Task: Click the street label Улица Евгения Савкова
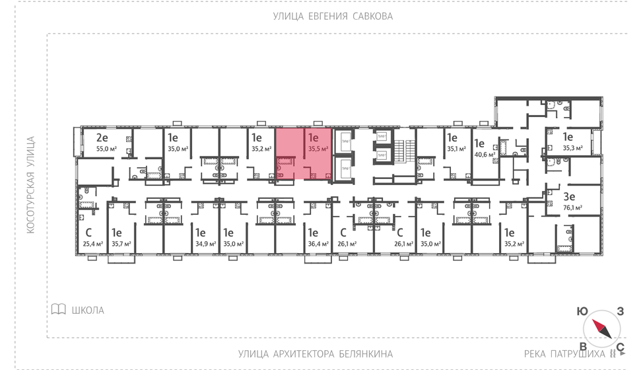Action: coord(333,17)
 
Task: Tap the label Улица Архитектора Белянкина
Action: coord(316,353)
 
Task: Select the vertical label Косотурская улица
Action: coord(30,185)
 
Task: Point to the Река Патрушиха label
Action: coord(564,353)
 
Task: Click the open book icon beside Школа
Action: coord(59,309)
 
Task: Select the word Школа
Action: coord(88,310)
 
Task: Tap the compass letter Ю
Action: coord(582,311)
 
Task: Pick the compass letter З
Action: coord(621,311)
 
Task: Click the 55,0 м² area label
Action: coord(107,149)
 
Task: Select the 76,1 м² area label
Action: coord(573,207)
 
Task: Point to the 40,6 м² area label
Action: coord(485,154)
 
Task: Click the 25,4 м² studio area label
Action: coord(92,244)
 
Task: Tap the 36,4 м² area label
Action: coord(319,244)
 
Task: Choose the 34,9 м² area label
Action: coord(206,244)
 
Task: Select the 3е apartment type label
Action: coord(569,196)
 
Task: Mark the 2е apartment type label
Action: coord(102,137)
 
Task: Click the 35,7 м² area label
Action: coord(121,244)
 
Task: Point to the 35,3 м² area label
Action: coord(573,148)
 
